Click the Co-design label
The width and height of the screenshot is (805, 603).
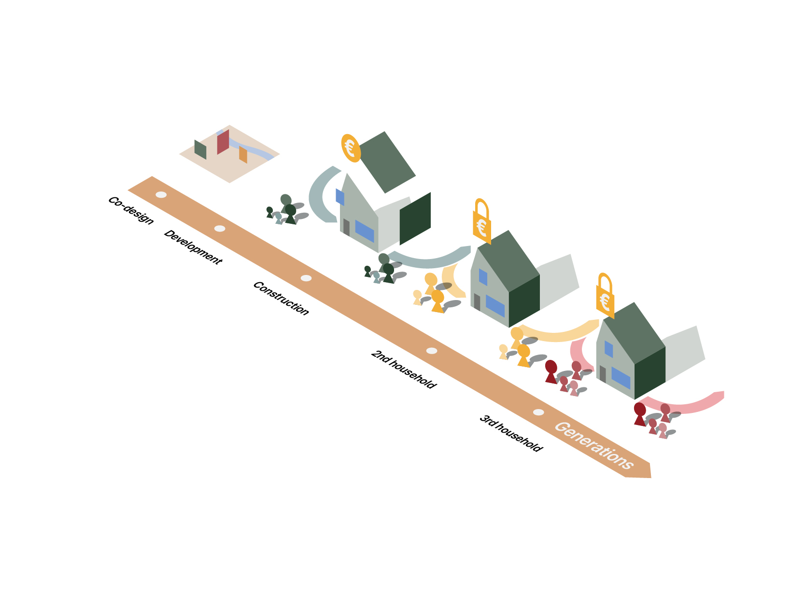click(x=130, y=210)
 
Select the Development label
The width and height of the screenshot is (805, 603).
click(x=193, y=247)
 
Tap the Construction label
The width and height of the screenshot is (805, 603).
click(x=281, y=298)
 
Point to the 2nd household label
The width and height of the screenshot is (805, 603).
click(x=403, y=369)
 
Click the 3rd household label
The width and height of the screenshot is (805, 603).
click(x=511, y=433)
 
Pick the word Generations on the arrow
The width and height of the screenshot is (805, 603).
click(x=593, y=445)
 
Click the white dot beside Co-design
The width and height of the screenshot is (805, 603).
click(x=161, y=195)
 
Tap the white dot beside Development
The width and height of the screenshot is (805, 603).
click(x=220, y=229)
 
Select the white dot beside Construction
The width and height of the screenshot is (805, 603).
click(x=306, y=278)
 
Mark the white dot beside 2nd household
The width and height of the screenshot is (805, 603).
click(x=432, y=351)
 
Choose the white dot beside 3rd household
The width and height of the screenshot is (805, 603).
click(x=538, y=412)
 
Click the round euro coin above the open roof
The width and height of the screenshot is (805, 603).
click(x=351, y=148)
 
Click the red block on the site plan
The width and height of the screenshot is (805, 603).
click(x=223, y=142)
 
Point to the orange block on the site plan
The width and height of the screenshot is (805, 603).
click(x=243, y=154)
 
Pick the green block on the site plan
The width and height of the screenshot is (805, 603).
click(x=200, y=149)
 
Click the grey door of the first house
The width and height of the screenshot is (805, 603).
click(x=346, y=227)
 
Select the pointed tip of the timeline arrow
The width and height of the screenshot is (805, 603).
click(x=650, y=475)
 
